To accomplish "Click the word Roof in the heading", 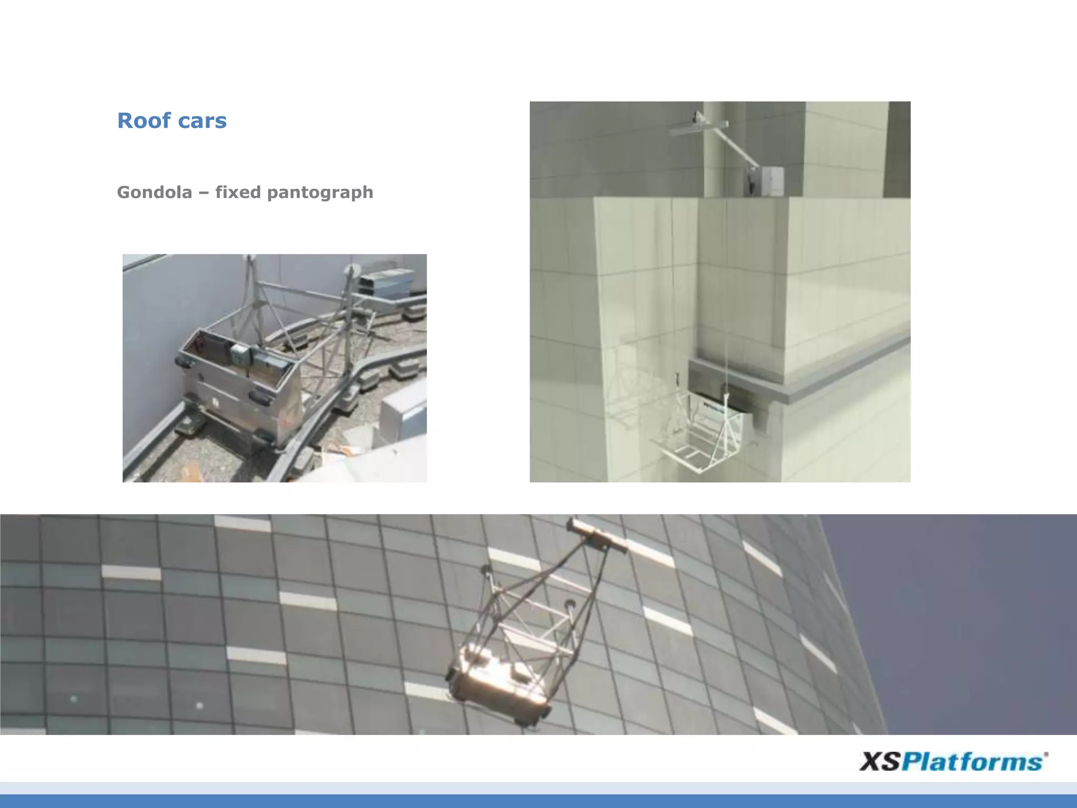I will pos(144,120).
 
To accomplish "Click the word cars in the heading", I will pos(202,121).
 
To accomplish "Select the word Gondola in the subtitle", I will pos(155,193).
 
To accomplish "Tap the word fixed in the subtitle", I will pos(238,193).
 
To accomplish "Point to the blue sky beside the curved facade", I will pos(973,605).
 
